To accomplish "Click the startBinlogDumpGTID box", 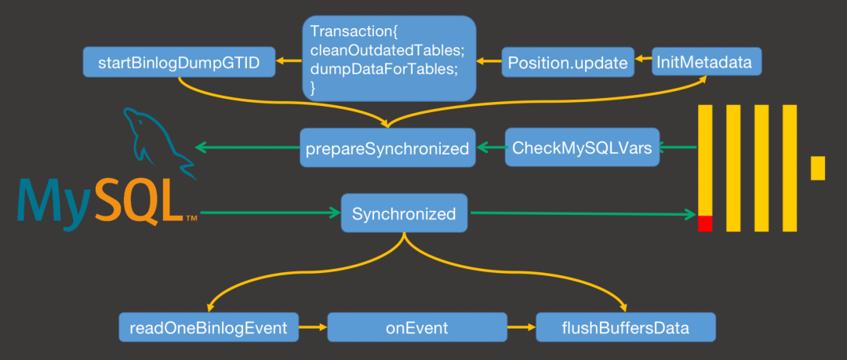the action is [x=179, y=62].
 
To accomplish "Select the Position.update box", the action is [x=569, y=62].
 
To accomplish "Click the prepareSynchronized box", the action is [x=388, y=147].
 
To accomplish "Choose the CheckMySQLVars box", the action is [x=582, y=147].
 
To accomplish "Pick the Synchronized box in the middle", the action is [x=404, y=213].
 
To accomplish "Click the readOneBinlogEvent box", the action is [x=209, y=327].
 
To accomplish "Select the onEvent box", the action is [x=417, y=327].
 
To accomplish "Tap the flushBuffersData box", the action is [x=626, y=327].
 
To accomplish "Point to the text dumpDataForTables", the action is [x=384, y=69].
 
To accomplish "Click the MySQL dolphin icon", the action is [x=158, y=142].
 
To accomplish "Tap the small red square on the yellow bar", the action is [x=705, y=224].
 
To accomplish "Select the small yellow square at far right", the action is [x=818, y=168].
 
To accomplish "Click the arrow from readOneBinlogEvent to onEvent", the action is [x=313, y=327].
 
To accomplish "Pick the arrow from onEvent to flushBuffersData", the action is [x=522, y=327].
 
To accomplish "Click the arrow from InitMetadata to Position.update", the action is [x=643, y=59].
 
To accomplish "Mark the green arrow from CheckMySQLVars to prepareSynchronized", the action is [x=490, y=147].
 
